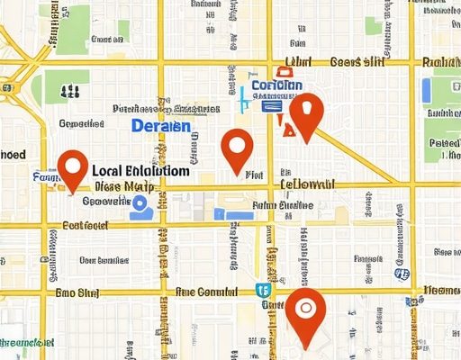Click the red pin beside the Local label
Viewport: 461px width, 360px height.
(x=72, y=169)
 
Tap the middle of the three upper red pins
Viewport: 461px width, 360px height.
(x=237, y=149)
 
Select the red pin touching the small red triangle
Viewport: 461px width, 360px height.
(x=307, y=115)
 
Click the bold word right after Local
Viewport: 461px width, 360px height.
(x=158, y=169)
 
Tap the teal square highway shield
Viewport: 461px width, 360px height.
(x=261, y=290)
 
